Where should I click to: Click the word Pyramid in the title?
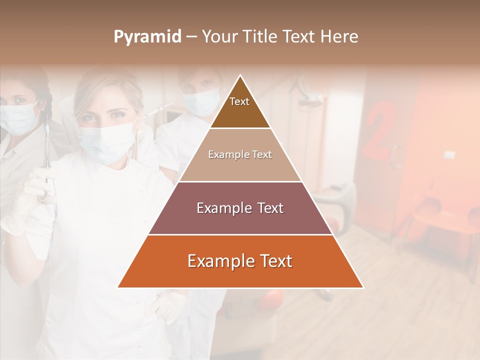(147, 37)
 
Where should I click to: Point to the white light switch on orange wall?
(449, 155)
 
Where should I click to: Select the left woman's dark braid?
(46, 112)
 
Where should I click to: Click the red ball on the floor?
(272, 300)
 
